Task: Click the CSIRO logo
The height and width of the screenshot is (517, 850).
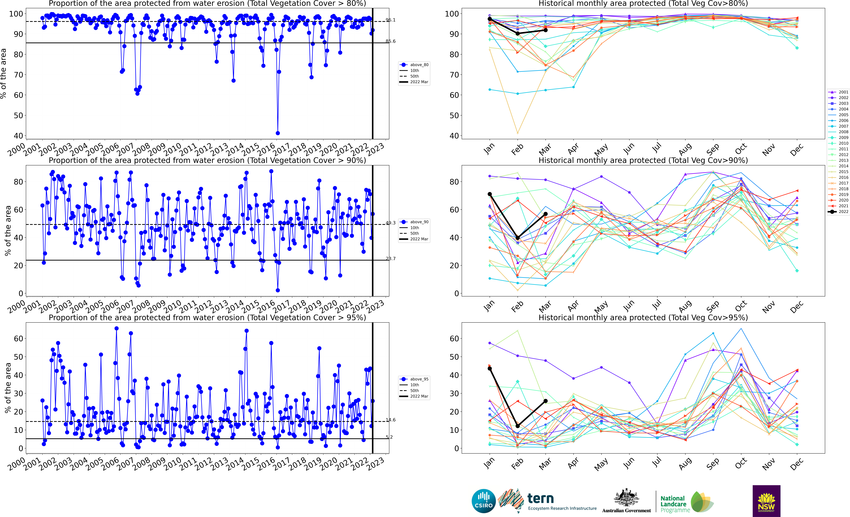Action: click(484, 501)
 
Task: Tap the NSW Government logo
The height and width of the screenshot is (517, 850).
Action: click(766, 501)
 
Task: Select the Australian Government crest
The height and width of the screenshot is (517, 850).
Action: click(626, 498)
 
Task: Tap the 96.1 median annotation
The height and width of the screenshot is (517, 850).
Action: click(390, 20)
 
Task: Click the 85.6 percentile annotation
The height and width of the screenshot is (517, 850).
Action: click(390, 41)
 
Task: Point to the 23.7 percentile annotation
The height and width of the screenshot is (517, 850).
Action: click(390, 258)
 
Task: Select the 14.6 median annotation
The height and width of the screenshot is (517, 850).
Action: click(390, 420)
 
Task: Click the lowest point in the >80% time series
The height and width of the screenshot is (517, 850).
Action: click(278, 133)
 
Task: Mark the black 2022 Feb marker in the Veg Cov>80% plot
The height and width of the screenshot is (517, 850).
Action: click(517, 33)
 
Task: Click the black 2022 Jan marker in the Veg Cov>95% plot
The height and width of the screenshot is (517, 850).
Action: click(490, 368)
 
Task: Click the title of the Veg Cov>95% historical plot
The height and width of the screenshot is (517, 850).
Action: click(643, 317)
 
